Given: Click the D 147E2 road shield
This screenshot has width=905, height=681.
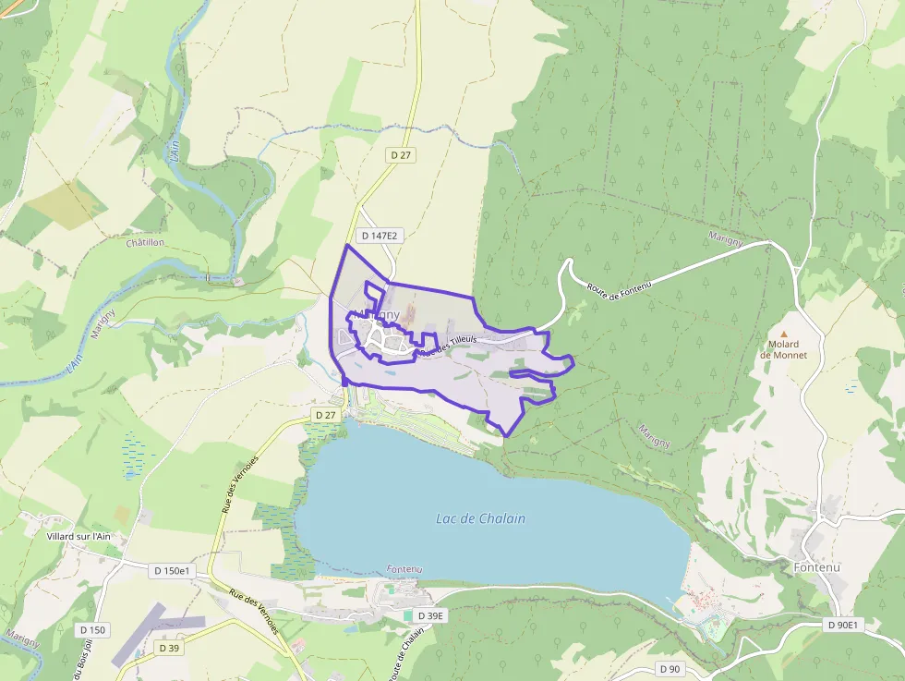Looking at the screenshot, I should coord(380,236).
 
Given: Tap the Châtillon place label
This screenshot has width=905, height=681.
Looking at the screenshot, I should coord(144,242).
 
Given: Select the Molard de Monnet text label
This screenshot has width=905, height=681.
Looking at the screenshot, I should coord(782,349).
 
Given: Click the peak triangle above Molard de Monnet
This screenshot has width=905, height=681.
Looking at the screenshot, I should coord(784,334).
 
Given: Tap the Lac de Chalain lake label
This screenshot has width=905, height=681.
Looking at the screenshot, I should coord(480,518).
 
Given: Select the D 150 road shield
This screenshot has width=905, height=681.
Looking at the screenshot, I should coord(93,630).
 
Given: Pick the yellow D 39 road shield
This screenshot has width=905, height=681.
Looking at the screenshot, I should coord(168,648).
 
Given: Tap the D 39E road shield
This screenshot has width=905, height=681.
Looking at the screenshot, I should coord(430,615).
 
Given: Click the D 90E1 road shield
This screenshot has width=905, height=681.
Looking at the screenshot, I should coord(841,626).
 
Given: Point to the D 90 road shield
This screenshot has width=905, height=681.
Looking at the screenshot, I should coord(670,668).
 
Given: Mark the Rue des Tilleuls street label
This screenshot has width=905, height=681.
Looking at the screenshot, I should coord(448,345).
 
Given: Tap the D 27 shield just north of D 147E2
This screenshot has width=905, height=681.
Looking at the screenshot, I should coord(400,155).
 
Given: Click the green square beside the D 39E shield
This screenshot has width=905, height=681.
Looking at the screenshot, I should coord(408,615).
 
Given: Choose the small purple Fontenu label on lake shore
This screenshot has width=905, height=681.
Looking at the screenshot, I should coord(404,568).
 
